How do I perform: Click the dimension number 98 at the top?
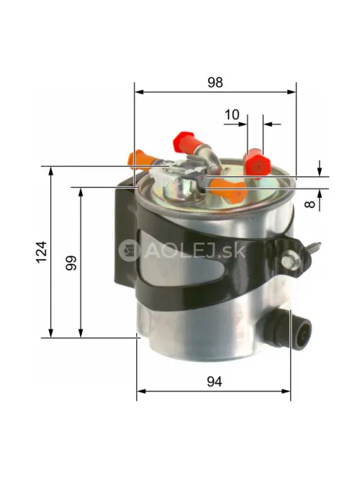pyautogui.click(x=215, y=82)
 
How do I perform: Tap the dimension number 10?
pyautogui.click(x=232, y=114)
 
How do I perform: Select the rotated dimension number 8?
pyautogui.click(x=310, y=204)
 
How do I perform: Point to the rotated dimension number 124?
pyautogui.click(x=41, y=251)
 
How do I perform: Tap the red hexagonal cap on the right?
pyautogui.click(x=255, y=163)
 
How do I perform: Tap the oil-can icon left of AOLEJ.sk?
pyautogui.click(x=130, y=250)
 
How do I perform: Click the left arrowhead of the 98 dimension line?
pyautogui.click(x=138, y=92)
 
